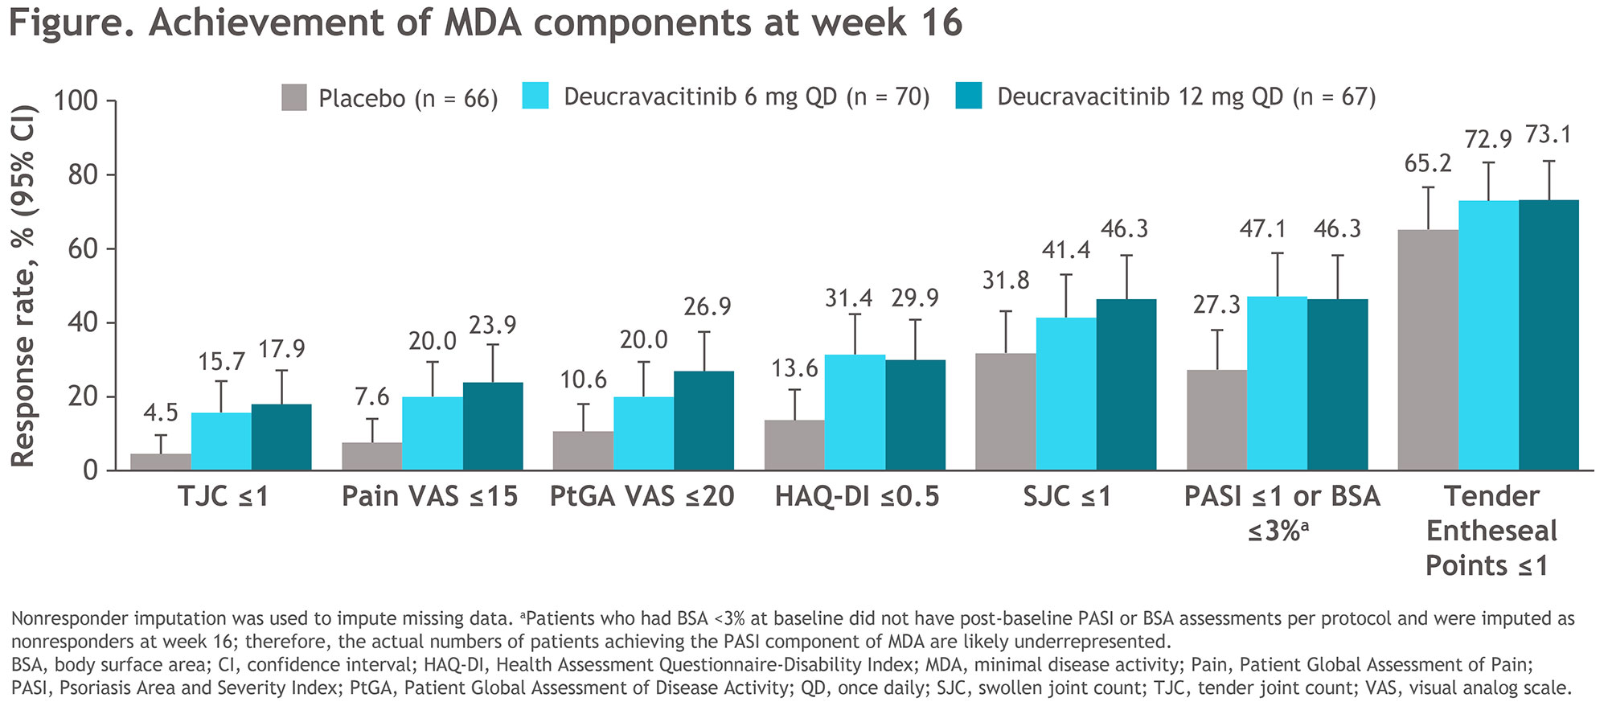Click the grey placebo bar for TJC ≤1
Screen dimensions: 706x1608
(x=161, y=462)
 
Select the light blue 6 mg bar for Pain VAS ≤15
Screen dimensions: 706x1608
(x=433, y=433)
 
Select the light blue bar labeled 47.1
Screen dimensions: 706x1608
(x=1277, y=383)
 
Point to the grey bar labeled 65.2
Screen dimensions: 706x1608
(x=1428, y=350)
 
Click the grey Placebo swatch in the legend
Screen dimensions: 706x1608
(x=294, y=97)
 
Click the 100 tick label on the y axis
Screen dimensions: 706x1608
(x=75, y=101)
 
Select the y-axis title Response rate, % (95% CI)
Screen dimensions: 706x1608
(x=24, y=285)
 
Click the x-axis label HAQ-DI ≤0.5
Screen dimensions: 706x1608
(x=857, y=496)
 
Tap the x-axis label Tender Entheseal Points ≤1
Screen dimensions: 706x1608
(x=1491, y=531)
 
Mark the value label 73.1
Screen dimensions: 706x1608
(x=1549, y=134)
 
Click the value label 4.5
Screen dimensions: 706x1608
(x=161, y=413)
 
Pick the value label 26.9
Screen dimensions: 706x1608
(x=708, y=306)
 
